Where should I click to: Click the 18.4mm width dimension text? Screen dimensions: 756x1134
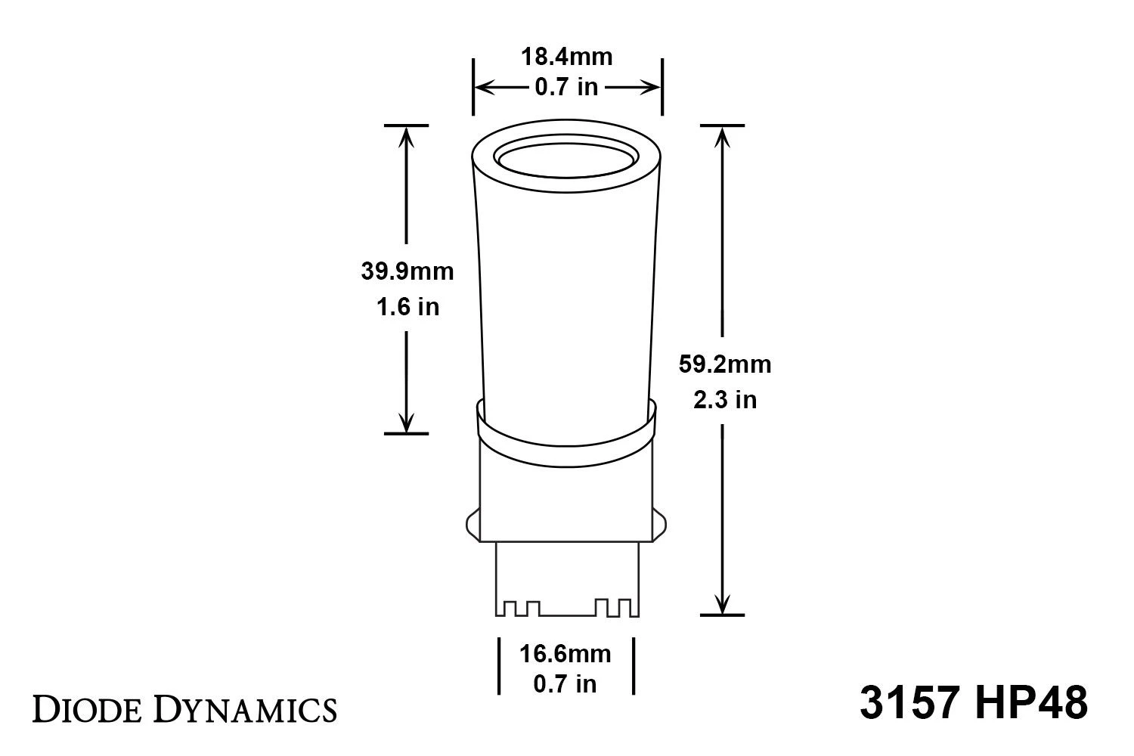[566, 57]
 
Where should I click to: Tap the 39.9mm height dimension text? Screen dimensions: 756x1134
[407, 271]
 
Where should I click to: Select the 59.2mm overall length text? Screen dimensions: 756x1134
[724, 364]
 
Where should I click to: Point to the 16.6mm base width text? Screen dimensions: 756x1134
[565, 652]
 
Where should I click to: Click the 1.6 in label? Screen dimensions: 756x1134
[407, 307]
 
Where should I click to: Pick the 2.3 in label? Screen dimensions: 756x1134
[724, 399]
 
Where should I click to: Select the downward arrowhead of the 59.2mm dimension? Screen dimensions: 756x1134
[723, 605]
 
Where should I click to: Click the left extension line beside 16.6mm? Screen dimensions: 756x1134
[498, 665]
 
